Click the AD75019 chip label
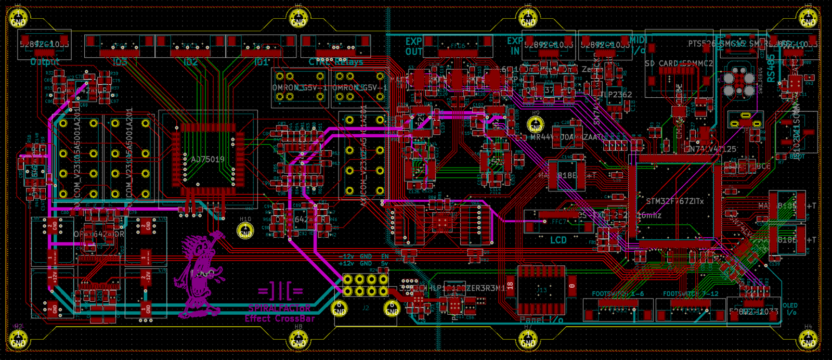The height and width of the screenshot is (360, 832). (207, 159)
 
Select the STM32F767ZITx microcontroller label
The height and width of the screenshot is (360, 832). (674, 201)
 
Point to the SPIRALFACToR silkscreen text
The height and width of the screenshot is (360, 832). (279, 308)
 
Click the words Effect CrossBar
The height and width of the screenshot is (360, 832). (280, 318)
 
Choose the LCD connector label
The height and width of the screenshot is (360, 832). (558, 240)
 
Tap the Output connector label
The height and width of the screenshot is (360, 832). (45, 62)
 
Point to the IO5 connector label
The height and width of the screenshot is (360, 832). (120, 62)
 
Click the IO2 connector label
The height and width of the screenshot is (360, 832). (191, 62)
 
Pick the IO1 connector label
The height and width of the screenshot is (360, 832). (261, 62)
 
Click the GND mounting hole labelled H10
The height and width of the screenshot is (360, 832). (245, 230)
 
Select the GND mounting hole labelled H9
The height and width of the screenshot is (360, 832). (535, 125)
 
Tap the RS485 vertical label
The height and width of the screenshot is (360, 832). (771, 68)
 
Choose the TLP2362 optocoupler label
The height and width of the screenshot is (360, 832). (616, 95)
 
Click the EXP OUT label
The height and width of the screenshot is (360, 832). (414, 46)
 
